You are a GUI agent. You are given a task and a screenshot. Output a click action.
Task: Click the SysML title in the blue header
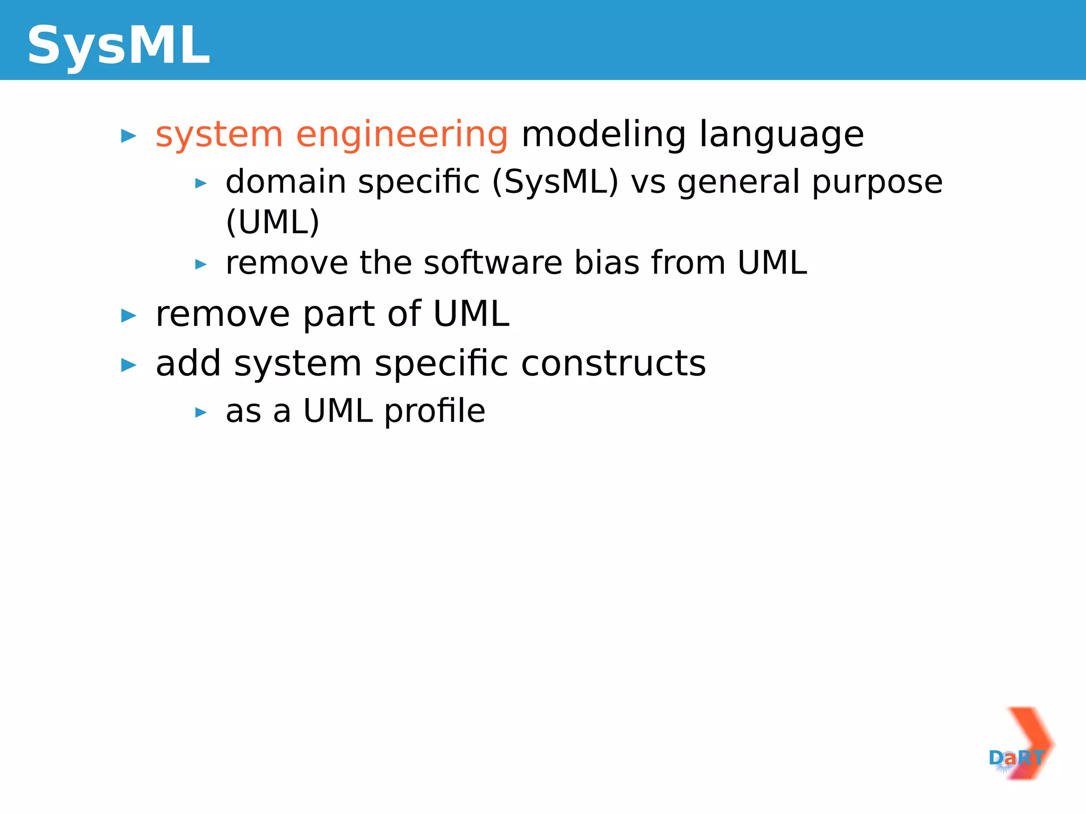[x=118, y=46]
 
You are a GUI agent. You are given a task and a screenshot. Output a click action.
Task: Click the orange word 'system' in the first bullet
[x=218, y=135]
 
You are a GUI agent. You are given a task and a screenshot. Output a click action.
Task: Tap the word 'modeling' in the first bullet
[x=603, y=135]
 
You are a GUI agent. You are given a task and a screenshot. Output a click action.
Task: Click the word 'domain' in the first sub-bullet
[x=285, y=182]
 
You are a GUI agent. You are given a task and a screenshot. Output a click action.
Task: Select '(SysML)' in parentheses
[x=555, y=183]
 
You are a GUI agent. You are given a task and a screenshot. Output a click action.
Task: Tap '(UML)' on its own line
[x=273, y=222]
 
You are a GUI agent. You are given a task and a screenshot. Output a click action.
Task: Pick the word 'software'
[x=493, y=262]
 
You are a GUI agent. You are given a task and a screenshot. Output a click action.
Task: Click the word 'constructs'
[x=613, y=364]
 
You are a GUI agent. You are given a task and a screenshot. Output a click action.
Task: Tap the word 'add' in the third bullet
[x=188, y=364]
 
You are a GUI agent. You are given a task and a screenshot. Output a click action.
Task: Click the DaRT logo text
[x=1015, y=758]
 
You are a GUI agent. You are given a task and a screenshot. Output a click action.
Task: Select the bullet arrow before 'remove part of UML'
[x=128, y=316]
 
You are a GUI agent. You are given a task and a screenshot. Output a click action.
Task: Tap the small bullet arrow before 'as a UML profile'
[x=200, y=412]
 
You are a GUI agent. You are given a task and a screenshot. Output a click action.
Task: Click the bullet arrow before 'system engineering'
[x=128, y=136]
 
